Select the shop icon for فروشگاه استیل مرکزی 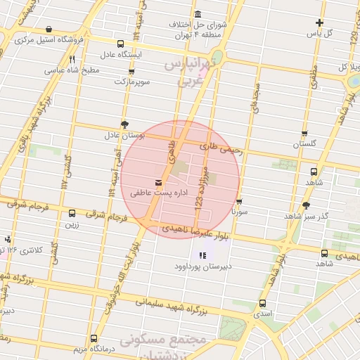click(48, 30)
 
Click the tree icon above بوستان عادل click(124, 122)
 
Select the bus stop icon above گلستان click(304, 132)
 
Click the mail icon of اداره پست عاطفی click(157, 182)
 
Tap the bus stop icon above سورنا click(239, 200)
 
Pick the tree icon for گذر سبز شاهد click(306, 205)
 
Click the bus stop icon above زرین click(72, 214)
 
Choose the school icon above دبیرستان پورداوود click(202, 255)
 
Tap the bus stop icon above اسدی click(262, 304)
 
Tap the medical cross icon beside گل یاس click(319, 22)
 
